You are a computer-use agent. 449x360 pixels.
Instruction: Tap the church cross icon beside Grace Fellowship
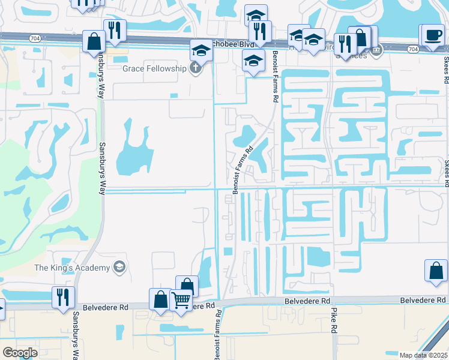[195, 68]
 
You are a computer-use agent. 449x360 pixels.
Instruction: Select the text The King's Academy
[72, 267]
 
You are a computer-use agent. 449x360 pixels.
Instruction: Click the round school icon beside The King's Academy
[119, 267]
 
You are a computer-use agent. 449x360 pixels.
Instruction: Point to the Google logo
[20, 353]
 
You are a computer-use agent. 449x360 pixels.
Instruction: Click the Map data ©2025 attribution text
[423, 355]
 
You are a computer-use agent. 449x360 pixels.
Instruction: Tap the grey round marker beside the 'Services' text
[376, 50]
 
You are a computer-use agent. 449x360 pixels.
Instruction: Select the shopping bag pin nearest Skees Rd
[436, 271]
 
